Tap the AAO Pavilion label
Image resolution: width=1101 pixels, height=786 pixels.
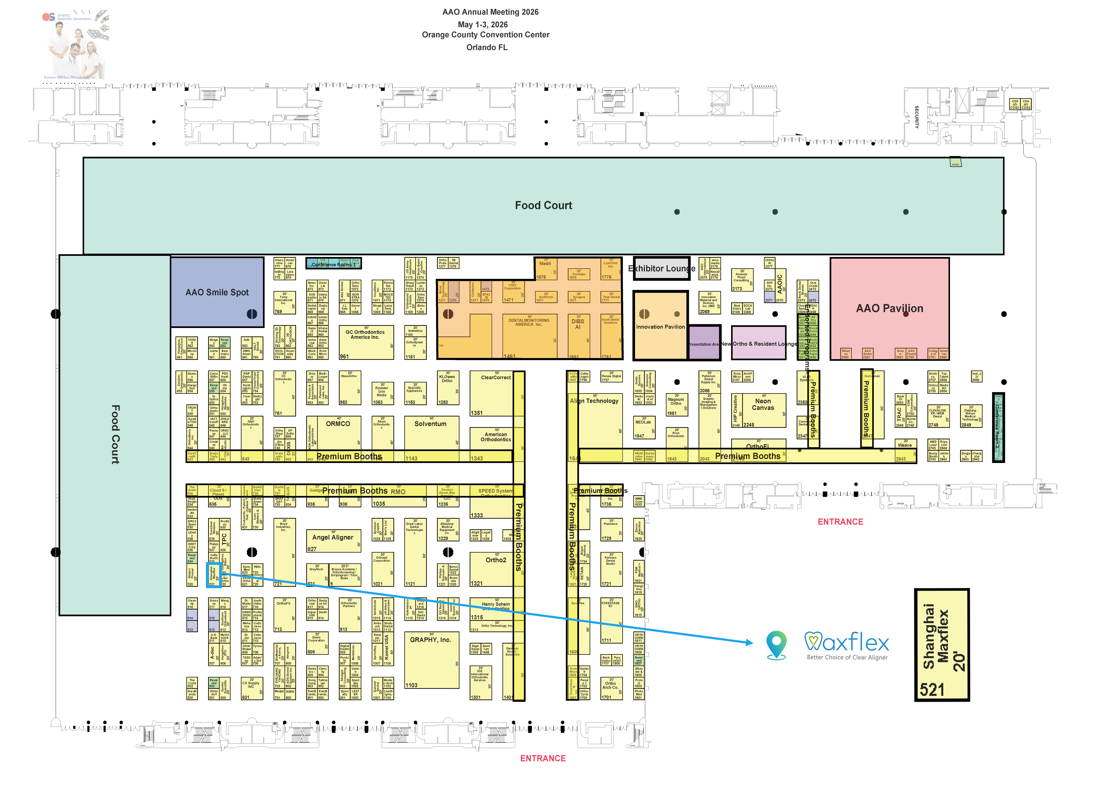click(x=889, y=308)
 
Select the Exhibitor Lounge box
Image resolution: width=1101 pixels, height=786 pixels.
click(x=661, y=269)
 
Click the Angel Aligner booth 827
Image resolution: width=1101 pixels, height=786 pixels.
click(x=333, y=538)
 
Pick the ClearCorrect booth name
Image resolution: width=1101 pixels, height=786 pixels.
click(x=496, y=378)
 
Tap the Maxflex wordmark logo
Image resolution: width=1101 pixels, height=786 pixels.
click(x=847, y=642)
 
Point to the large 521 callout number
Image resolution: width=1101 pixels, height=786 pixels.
click(x=932, y=689)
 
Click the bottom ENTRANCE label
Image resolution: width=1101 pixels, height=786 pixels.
click(x=543, y=758)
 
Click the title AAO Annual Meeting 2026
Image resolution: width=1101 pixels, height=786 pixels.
click(x=490, y=12)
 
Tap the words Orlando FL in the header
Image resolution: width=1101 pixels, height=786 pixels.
click(x=487, y=47)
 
